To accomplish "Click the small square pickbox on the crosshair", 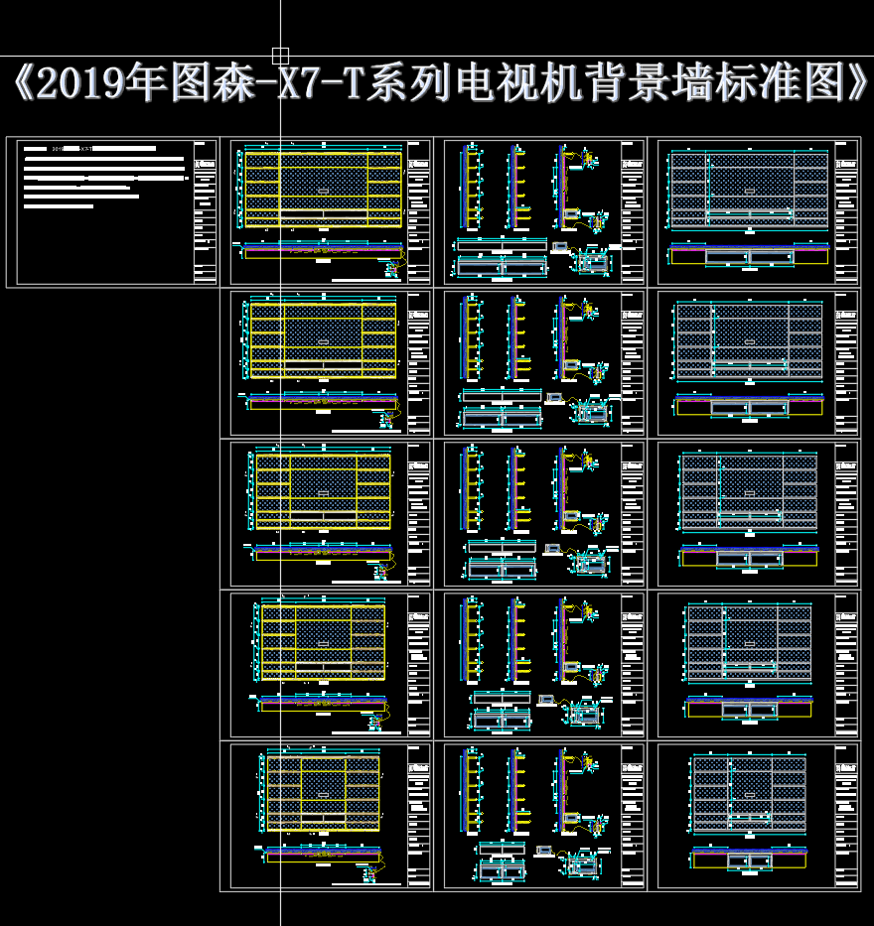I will (x=281, y=56).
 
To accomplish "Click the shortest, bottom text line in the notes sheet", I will (x=59, y=206).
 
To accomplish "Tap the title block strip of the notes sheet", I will (x=206, y=212).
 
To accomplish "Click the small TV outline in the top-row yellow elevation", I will (x=323, y=189).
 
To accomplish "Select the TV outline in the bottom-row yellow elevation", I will (x=323, y=793).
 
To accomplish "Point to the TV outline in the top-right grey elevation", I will (x=750, y=187).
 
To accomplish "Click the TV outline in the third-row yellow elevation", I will (x=323, y=492).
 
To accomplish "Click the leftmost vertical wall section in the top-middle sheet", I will (x=472, y=189).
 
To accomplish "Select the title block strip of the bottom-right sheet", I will (x=846, y=816).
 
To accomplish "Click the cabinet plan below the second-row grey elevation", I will (x=749, y=407).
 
